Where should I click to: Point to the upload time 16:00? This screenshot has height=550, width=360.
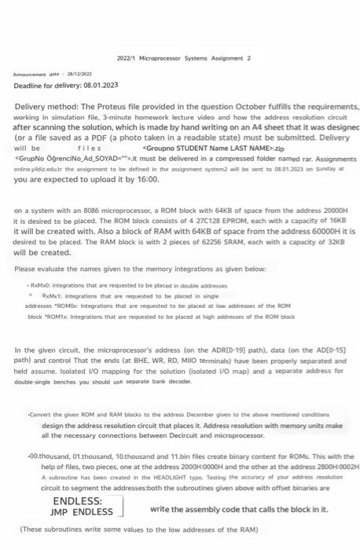[x=149, y=179]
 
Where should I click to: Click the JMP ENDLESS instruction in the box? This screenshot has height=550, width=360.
[x=83, y=511]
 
